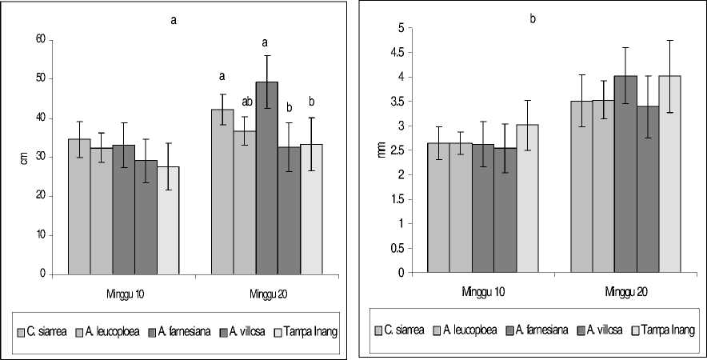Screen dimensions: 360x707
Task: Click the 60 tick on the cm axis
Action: [x=41, y=39]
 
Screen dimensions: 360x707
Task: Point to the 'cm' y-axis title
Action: [x=23, y=157]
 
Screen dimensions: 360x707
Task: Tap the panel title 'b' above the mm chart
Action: [x=532, y=18]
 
